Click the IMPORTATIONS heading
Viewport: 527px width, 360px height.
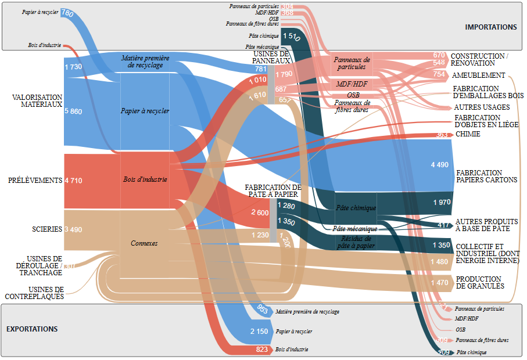pos(490,27)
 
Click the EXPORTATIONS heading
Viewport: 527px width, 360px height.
pos(32,329)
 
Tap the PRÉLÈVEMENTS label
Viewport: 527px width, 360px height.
pos(35,181)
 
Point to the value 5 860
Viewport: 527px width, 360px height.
pos(73,111)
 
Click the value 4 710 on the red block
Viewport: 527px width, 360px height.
pos(73,181)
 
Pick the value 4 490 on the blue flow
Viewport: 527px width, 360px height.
pos(440,165)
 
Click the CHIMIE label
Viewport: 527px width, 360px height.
pos(468,134)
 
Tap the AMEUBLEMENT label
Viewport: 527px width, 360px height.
pos(478,75)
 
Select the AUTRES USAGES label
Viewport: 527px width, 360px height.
pos(482,107)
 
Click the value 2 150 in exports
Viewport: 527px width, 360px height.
pos(260,331)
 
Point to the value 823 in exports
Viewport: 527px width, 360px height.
pos(262,350)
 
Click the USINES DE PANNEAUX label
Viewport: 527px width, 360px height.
pos(271,57)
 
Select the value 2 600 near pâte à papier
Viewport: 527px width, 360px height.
pos(259,213)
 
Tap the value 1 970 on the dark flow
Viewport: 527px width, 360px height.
pos(441,202)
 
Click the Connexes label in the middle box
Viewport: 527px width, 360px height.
pos(144,243)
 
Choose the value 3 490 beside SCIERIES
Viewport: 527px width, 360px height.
pos(73,229)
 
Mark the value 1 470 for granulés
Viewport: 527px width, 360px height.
pos(440,283)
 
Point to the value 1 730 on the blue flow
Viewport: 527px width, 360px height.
pos(73,67)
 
